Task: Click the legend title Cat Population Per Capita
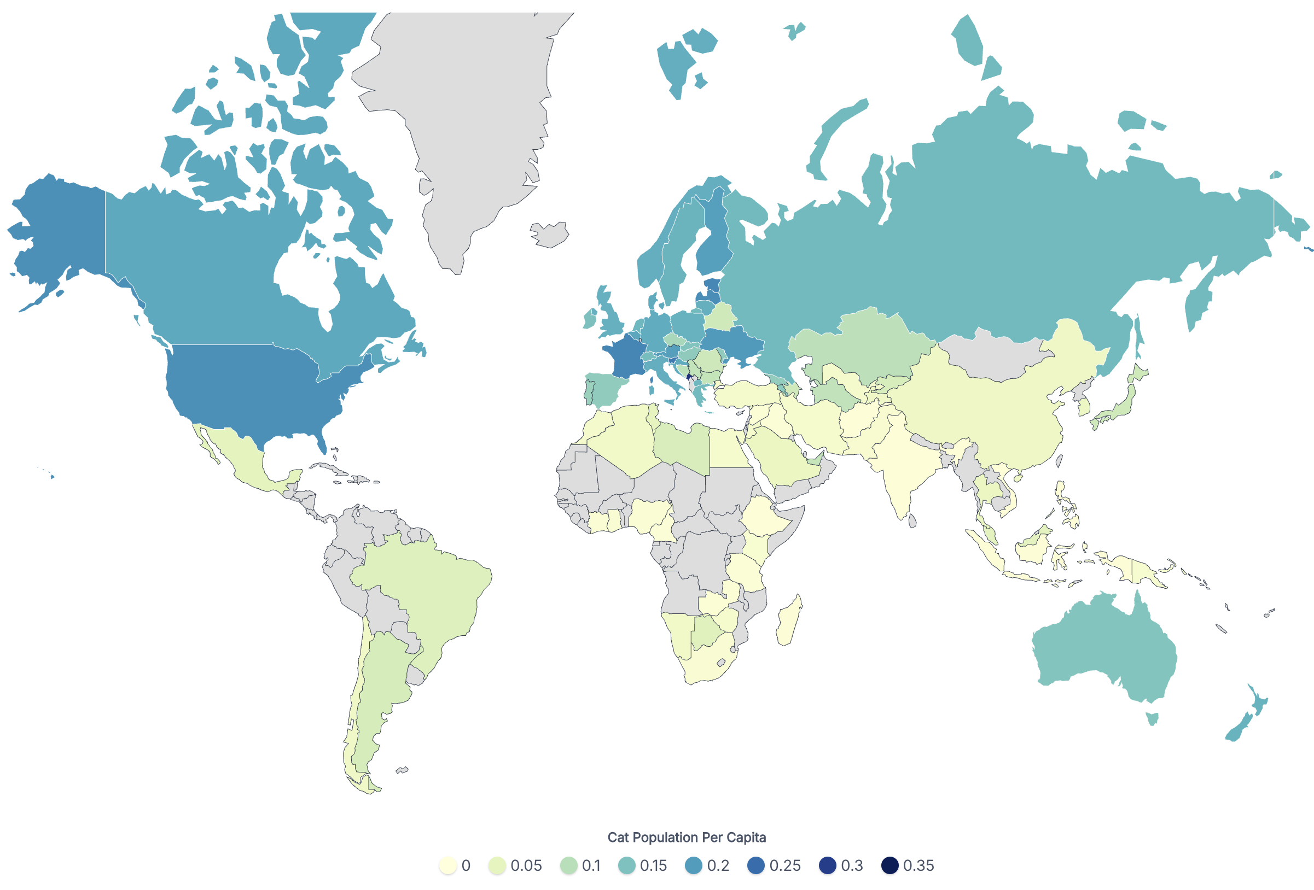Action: (687, 837)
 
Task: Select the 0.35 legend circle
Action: (889, 865)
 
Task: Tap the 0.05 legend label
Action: (526, 865)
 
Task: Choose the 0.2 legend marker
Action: (693, 865)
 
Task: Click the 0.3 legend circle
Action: (827, 865)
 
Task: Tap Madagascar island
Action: (789, 621)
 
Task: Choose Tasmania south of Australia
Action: (1152, 718)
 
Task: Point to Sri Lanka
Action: (912, 520)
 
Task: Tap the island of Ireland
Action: (590, 320)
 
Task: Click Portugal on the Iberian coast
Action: (589, 392)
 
